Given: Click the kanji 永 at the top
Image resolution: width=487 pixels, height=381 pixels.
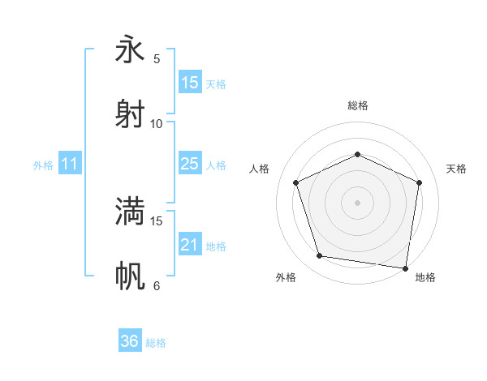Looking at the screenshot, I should coord(130,49).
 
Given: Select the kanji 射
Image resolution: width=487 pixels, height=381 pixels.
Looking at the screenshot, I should coord(130,113).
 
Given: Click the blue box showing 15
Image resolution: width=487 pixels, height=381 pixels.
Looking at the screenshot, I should coord(190,83).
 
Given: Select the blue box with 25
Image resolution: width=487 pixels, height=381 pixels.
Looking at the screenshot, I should coord(190,164).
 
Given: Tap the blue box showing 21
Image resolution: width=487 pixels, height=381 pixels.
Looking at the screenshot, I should coord(190,245).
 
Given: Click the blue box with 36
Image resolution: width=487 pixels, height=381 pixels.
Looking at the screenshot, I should coord(130,341).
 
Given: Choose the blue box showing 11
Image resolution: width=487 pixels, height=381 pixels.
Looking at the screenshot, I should coord(69,164).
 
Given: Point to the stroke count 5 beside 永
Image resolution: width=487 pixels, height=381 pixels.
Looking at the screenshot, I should coord(157,58).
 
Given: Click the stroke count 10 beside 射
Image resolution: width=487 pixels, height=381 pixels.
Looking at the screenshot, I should coord(157,123).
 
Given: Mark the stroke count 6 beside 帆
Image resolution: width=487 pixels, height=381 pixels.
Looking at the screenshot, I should coord(157,285).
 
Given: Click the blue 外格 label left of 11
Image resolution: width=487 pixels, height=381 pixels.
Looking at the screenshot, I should coord(43,165).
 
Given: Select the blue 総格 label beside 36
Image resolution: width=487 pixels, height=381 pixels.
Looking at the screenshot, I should coord(156,342).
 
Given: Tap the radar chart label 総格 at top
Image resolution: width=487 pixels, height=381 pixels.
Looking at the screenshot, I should coord(357,105).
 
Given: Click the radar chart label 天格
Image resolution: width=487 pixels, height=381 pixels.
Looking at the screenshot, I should coord(456,169).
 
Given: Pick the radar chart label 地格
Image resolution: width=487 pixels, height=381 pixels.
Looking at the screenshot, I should coord(425,277).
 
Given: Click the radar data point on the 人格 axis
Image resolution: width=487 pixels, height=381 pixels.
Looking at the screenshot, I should coord(296,182).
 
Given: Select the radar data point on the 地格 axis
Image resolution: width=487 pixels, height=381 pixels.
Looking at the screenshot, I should coord(405,268).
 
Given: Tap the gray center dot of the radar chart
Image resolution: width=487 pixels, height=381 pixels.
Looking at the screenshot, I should coord(357,202).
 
